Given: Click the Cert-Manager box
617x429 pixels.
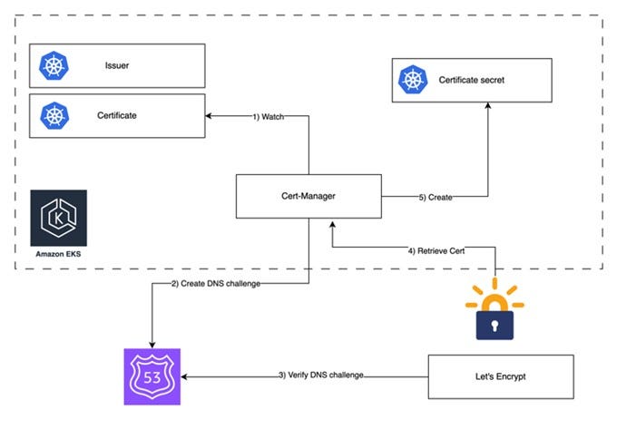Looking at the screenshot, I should click(x=308, y=196).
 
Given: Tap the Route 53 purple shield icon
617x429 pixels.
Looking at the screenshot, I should click(x=152, y=375).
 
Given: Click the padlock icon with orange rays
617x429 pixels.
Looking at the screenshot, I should click(x=495, y=310).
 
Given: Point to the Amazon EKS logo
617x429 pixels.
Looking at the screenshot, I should click(x=58, y=218).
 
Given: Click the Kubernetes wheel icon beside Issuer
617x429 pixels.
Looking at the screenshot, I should click(x=54, y=65).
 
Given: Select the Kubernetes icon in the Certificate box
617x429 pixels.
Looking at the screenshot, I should click(x=54, y=115).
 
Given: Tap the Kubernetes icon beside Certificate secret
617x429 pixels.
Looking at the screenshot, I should click(x=414, y=81).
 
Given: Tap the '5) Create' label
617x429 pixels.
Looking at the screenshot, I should click(x=436, y=196).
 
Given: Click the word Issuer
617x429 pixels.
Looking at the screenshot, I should click(x=115, y=65).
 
